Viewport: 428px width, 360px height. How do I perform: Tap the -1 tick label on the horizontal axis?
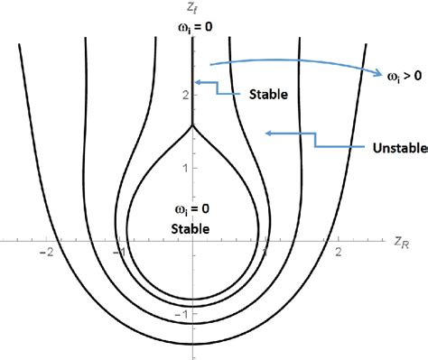117,254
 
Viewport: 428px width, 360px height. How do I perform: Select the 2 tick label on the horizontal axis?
339,254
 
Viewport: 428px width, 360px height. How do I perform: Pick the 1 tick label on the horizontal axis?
267,254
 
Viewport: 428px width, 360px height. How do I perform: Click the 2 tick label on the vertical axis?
183,94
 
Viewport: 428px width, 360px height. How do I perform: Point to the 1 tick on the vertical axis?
183,167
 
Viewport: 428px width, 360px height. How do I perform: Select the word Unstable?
397,146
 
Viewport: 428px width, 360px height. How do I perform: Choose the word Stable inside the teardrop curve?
193,228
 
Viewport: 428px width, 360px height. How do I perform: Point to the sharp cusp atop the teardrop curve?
193,125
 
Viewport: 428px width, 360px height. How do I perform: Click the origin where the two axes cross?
193,241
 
